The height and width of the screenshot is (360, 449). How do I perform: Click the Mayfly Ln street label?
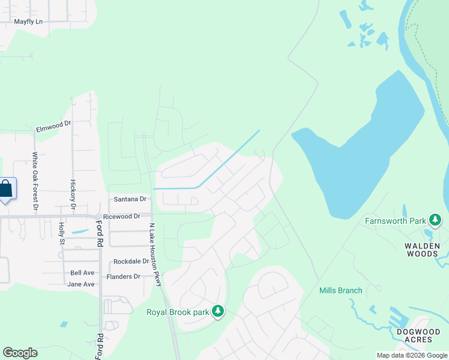tap(29, 22)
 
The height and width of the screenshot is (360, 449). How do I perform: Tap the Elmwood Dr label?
tap(53, 127)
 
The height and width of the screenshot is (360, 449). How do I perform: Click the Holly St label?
tap(61, 233)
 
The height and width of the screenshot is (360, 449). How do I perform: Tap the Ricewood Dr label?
tap(121, 216)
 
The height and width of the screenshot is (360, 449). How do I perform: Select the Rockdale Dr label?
tap(131, 262)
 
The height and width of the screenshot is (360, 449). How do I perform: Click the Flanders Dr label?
tap(123, 277)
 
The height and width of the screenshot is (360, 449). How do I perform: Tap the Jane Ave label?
tap(81, 284)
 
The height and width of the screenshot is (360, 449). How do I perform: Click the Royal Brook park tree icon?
tap(218, 311)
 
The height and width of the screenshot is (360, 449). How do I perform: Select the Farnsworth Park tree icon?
tap(435, 221)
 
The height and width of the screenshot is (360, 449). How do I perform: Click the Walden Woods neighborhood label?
tap(421, 250)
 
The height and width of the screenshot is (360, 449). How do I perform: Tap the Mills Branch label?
tap(340, 291)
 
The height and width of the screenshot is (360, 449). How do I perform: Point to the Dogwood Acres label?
tap(414, 335)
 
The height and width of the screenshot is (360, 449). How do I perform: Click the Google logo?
tap(20, 353)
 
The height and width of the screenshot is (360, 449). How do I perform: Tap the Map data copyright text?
tap(411, 355)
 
